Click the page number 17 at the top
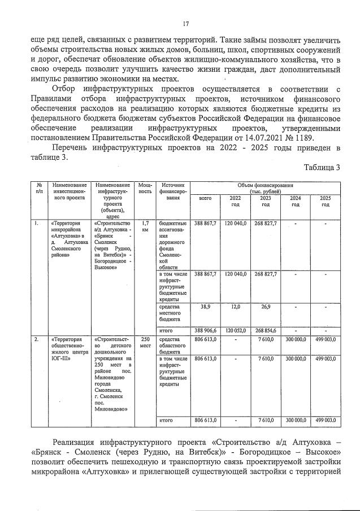point(185,24)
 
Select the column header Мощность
point(145,188)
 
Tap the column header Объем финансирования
point(266,187)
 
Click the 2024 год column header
point(296,201)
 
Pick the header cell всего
point(205,199)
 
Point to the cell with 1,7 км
point(145,226)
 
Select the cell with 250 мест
point(145,342)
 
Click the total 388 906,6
point(205,330)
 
